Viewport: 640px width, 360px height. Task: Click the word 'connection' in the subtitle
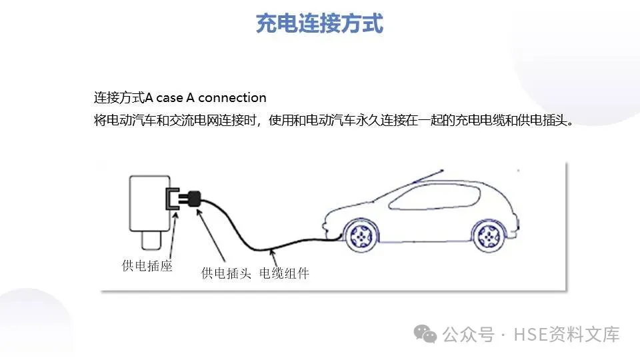click(232, 97)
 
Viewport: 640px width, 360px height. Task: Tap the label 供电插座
click(147, 267)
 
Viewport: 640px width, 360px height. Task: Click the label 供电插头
click(226, 273)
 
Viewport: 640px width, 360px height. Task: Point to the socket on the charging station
click(172, 199)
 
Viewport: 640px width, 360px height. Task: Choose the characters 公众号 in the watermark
click(468, 334)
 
